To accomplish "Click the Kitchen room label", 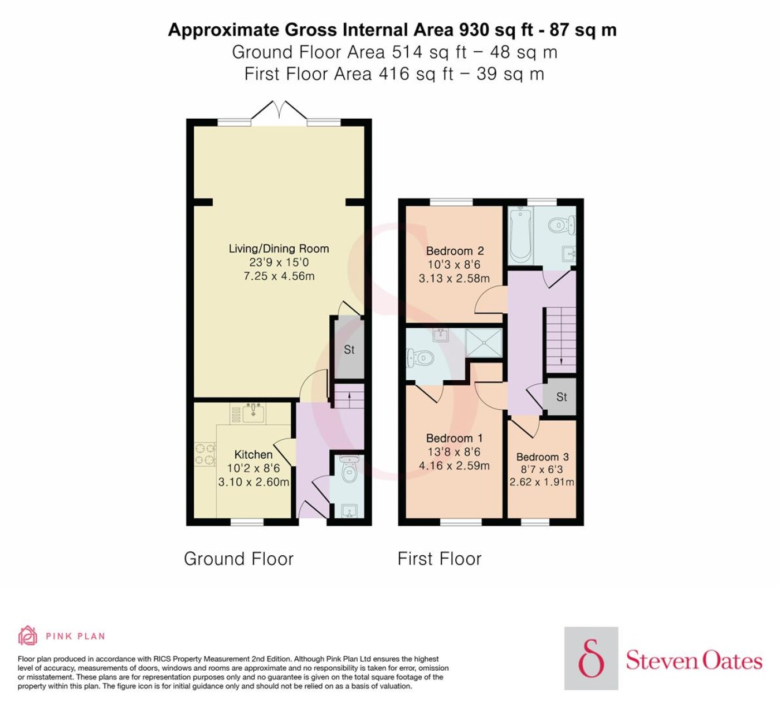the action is pos(253,454).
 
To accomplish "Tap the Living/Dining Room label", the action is pos(279,249).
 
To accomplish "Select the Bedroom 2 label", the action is pos(455,251).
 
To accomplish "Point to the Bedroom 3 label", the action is pos(542,457).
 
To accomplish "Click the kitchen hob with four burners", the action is pos(205,454).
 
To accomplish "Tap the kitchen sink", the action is pos(253,413).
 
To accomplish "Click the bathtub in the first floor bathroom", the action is pos(520,235).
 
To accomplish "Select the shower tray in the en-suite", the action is pos(484,342).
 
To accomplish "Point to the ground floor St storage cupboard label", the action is pos(349,350).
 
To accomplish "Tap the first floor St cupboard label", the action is pos(561,396).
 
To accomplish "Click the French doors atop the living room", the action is pos(279,110).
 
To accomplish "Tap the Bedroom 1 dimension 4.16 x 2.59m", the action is pos(454,465).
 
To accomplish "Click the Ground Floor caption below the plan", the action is pos(238,559).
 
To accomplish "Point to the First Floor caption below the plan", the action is pos(440,559).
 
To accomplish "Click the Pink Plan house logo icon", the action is pos(28,637).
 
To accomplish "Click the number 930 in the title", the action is pos(474,30).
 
